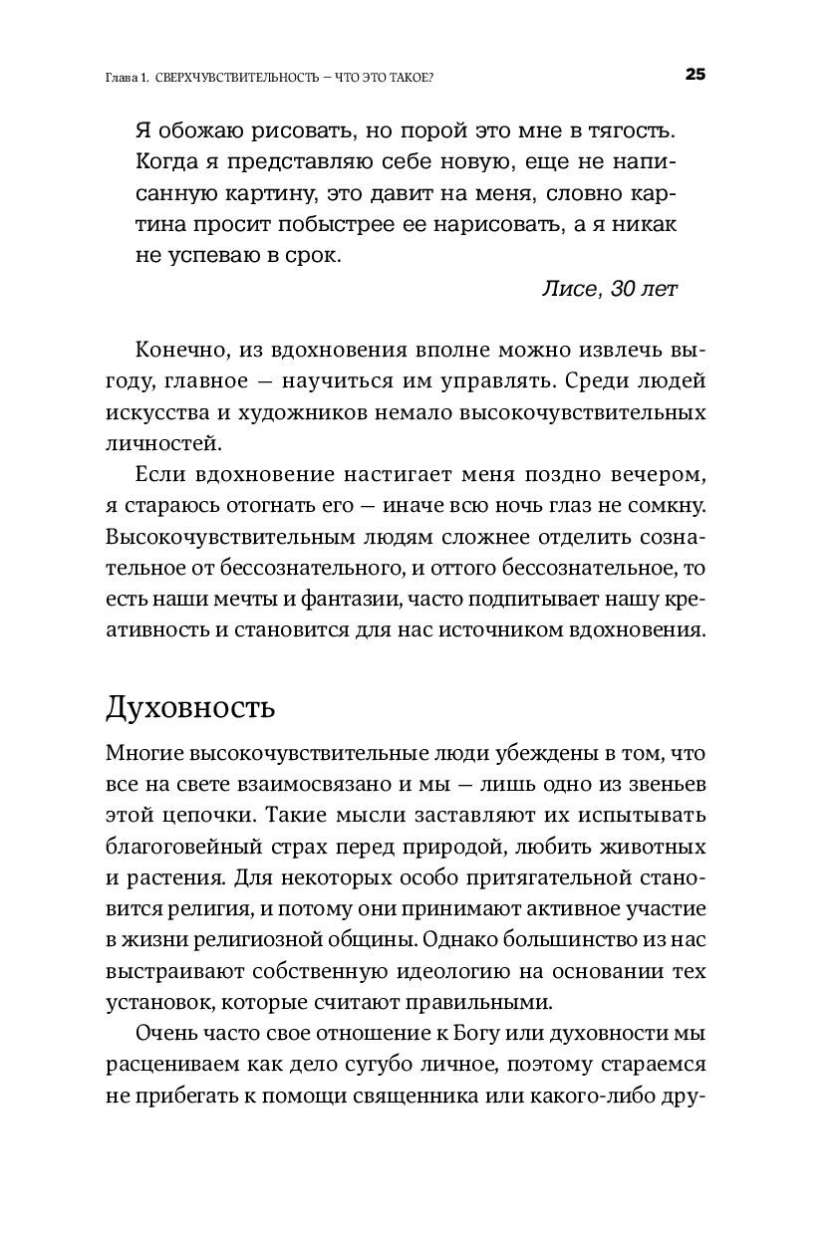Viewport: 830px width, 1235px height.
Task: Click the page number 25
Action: click(x=694, y=75)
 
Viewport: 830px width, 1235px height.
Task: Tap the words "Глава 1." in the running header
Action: click(x=128, y=77)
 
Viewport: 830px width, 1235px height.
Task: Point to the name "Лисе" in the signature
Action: click(x=567, y=290)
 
